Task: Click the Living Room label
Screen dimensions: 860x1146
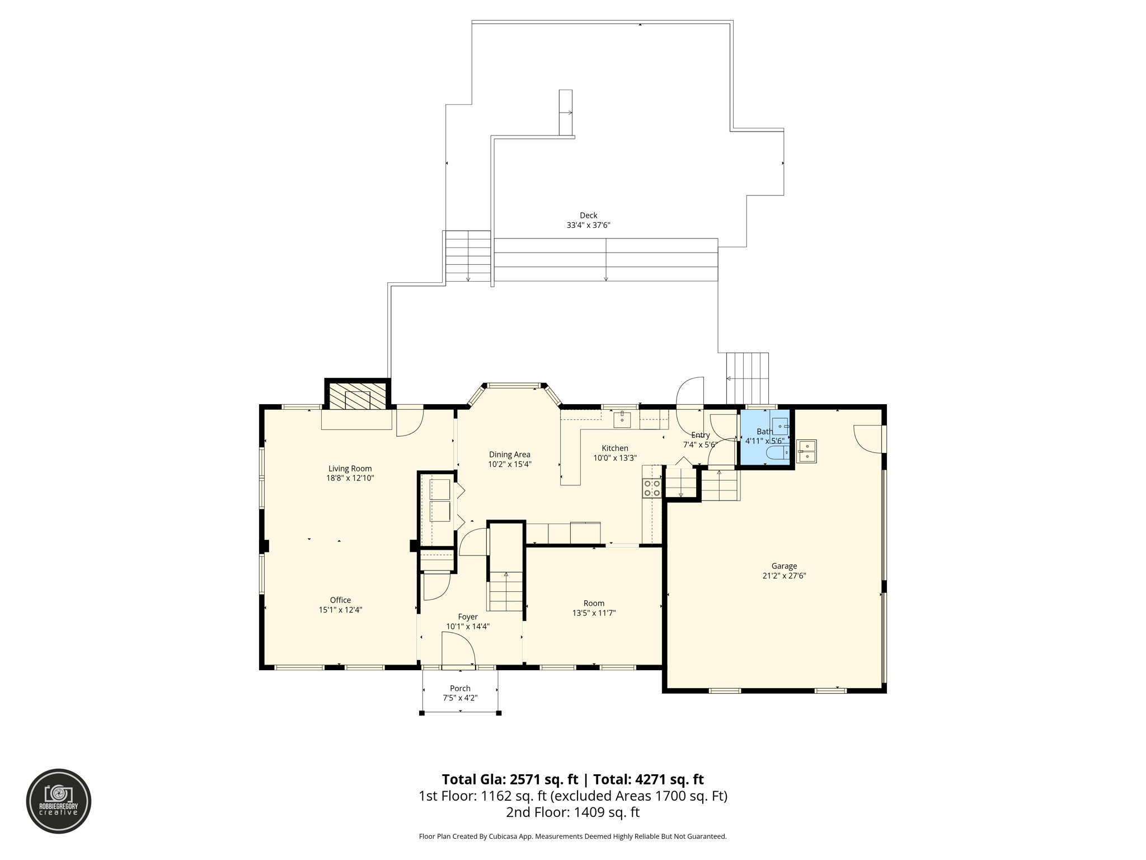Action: coord(350,469)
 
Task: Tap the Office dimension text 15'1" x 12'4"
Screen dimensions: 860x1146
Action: coord(340,610)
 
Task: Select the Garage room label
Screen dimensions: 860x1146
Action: coord(783,566)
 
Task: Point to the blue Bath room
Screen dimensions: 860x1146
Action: coord(764,437)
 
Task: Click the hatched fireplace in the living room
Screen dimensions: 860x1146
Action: coord(357,396)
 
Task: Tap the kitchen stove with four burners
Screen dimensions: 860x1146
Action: coord(652,488)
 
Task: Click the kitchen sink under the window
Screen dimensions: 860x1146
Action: coord(622,419)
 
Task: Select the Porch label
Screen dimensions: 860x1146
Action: coord(460,688)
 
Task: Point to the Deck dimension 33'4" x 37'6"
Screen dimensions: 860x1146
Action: coord(588,225)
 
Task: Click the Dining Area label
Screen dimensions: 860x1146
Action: coord(509,455)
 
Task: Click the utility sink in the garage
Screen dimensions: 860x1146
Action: coord(806,451)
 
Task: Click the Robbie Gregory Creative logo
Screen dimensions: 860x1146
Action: coord(59,801)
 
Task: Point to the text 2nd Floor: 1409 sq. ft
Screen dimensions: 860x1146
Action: coord(572,812)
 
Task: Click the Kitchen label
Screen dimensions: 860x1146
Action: coord(614,448)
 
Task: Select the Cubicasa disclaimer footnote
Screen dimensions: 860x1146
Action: coord(572,836)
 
